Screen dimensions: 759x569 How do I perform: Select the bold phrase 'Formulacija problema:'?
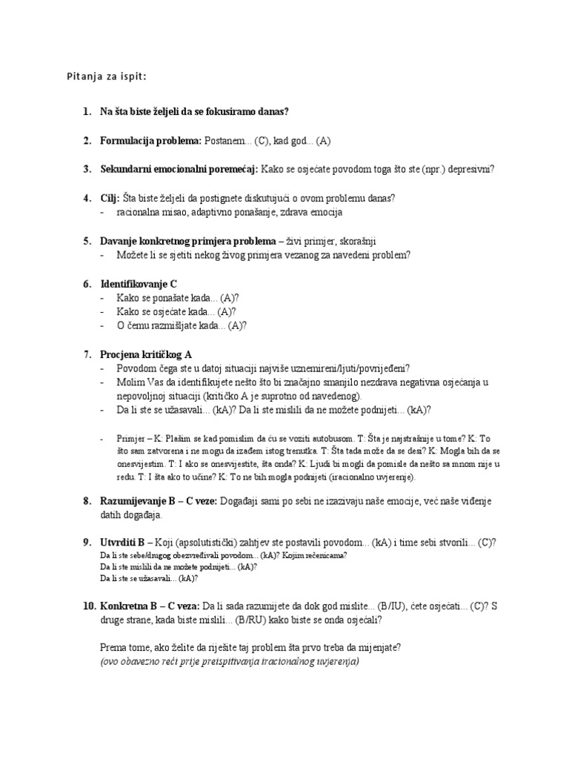[x=150, y=140]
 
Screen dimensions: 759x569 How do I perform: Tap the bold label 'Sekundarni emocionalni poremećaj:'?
[x=179, y=169]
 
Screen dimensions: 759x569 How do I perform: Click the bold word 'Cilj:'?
[x=110, y=198]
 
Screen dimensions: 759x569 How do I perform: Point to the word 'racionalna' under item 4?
[x=137, y=212]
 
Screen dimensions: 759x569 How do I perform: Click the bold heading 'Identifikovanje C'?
[x=139, y=284]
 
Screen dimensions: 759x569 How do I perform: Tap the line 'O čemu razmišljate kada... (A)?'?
[x=182, y=325]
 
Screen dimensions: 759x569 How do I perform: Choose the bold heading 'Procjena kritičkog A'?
[x=147, y=354]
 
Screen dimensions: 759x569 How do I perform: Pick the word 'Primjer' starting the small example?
[x=130, y=439]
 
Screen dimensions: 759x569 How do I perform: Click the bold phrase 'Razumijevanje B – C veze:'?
[x=159, y=502]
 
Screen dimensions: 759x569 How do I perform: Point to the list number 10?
[x=88, y=606]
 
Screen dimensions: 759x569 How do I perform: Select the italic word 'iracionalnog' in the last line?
[x=276, y=661]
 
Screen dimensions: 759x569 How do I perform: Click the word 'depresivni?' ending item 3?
[x=467, y=169]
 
